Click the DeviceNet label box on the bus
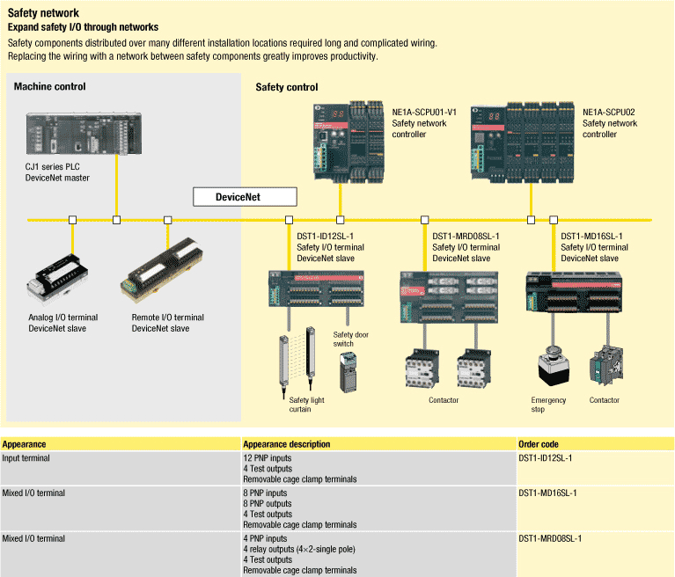coord(238,197)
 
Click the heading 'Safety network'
coord(43,13)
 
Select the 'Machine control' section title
coord(49,86)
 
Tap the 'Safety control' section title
coord(287,87)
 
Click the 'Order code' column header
coord(538,444)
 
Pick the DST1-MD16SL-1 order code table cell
coord(547,493)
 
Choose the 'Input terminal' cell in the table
coord(26,458)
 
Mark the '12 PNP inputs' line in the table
coord(268,458)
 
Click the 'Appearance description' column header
coord(287,444)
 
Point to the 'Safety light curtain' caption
coord(307,405)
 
